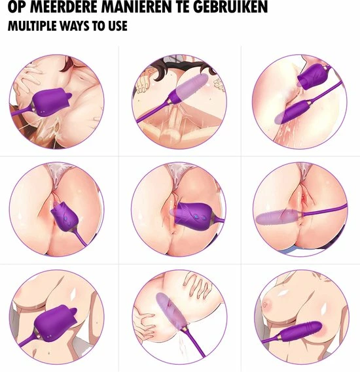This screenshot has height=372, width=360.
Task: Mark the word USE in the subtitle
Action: point(118,26)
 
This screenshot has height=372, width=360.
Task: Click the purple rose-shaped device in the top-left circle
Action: point(52,103)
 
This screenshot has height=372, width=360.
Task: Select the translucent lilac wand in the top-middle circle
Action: point(191,88)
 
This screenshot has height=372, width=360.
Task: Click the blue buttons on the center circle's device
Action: point(199,216)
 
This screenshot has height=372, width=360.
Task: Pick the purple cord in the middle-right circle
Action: point(325,211)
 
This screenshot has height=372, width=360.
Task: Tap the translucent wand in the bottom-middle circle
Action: point(171,311)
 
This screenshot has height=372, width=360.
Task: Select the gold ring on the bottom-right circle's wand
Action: point(279,337)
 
